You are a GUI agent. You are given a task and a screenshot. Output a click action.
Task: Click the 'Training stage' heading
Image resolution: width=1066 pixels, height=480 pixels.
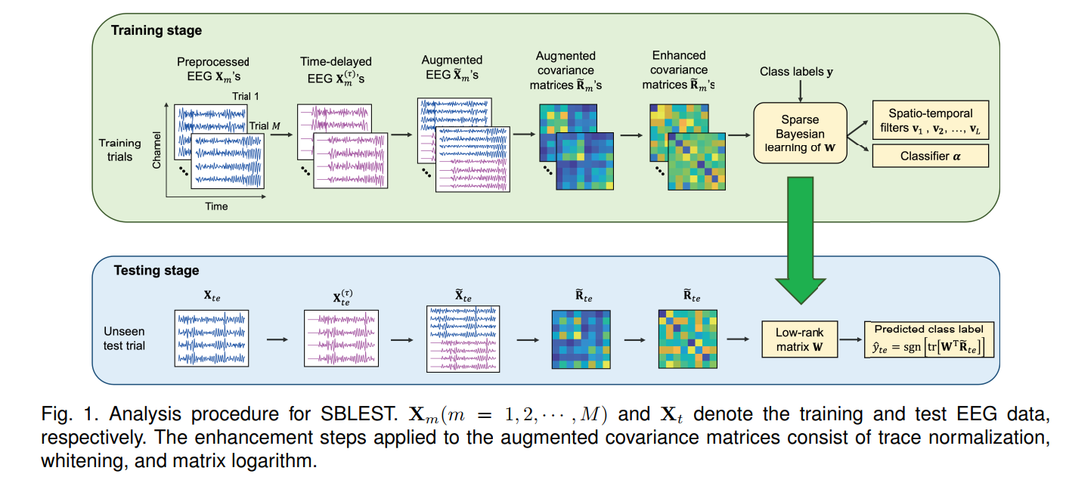156,31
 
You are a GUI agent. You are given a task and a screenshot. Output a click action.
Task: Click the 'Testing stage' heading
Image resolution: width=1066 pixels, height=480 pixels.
156,270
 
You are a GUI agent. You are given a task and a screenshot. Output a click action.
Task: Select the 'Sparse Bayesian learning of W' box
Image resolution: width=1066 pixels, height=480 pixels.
799,132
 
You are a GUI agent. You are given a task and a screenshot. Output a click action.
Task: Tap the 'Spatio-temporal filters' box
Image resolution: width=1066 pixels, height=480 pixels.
931,120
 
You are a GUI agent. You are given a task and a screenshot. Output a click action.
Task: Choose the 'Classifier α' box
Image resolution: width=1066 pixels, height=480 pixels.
931,156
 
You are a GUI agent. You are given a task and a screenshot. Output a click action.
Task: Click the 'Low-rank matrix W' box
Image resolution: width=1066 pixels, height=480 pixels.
799,339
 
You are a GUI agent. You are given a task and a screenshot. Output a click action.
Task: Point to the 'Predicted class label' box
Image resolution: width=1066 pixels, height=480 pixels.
928,339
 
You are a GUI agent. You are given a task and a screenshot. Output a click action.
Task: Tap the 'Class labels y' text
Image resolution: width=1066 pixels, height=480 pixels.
796,72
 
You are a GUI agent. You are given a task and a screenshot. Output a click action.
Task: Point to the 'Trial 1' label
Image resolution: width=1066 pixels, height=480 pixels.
246,97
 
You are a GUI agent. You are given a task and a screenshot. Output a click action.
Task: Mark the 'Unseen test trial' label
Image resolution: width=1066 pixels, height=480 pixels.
124,339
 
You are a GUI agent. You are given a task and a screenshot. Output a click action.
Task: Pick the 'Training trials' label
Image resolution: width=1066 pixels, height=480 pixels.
119,150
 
